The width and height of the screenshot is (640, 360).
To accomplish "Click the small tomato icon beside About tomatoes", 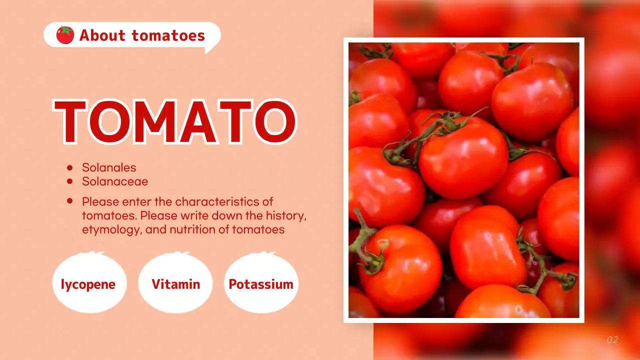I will (x=65, y=35).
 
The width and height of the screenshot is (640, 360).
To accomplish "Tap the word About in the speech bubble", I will (x=102, y=35).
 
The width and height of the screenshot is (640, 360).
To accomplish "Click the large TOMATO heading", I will (x=175, y=121).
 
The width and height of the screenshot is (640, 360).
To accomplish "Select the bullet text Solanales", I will (x=109, y=167).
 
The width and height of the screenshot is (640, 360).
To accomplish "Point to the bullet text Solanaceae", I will (x=115, y=181).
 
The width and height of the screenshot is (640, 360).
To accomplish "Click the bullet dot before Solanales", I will (x=70, y=168).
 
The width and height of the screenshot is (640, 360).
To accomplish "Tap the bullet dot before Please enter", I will (x=70, y=201).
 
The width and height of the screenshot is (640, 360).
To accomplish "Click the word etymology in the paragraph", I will (x=108, y=229).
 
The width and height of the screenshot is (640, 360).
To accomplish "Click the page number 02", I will (x=612, y=340).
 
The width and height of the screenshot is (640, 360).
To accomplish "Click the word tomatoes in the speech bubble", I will (x=168, y=35).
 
